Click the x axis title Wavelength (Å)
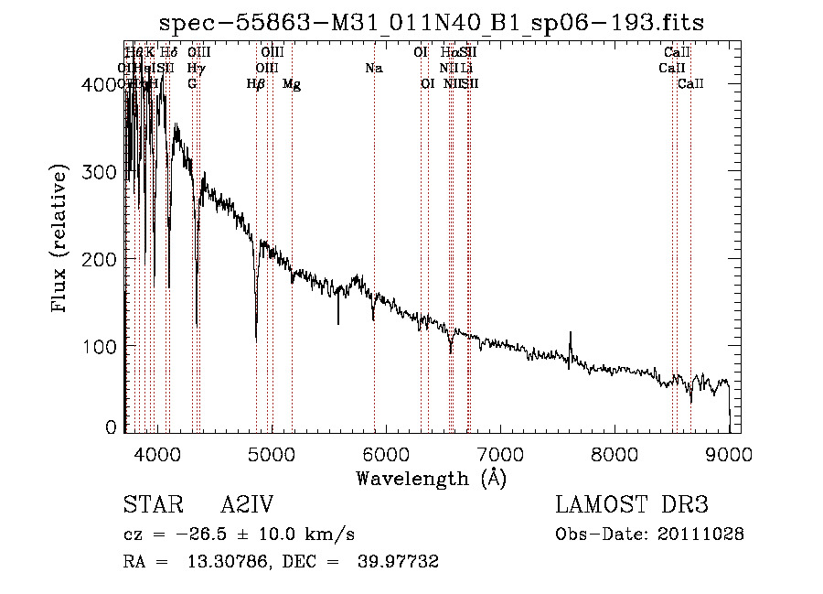[431, 478]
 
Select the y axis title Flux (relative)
[61, 240]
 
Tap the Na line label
[373, 68]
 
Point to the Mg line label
[292, 84]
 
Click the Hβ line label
[256, 84]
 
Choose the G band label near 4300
[192, 84]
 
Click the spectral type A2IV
[247, 506]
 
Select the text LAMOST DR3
[631, 506]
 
